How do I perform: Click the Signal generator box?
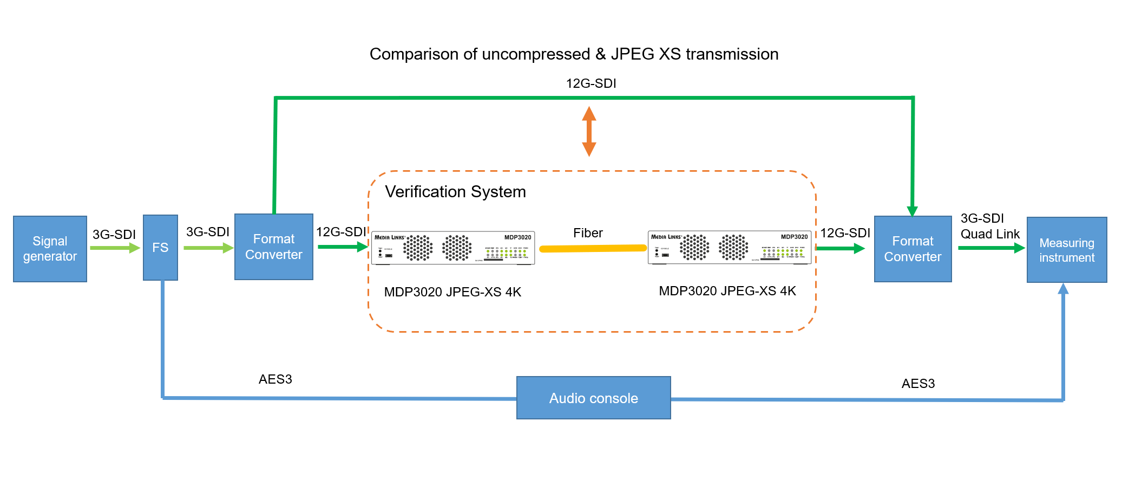tap(50, 249)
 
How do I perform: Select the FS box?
tap(160, 248)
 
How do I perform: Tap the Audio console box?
tap(593, 398)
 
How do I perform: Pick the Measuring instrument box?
tap(1066, 250)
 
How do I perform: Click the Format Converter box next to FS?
tap(273, 247)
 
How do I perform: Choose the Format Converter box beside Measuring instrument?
tap(913, 249)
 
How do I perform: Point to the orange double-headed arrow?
tap(589, 131)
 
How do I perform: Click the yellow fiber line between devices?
tap(593, 249)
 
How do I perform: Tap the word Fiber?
tap(588, 233)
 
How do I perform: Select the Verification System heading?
tap(455, 192)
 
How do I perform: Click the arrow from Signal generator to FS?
tap(115, 248)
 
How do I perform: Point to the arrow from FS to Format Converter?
tap(208, 248)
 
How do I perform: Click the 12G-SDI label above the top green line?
tap(591, 83)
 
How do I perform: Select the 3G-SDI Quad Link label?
tap(989, 226)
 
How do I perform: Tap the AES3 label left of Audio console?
tap(275, 379)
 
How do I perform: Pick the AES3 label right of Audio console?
tap(918, 384)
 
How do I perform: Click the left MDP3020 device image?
tap(453, 248)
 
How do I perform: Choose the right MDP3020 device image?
tap(729, 248)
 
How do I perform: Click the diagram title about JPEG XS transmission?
tap(574, 54)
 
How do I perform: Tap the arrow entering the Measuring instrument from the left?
tap(990, 248)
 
